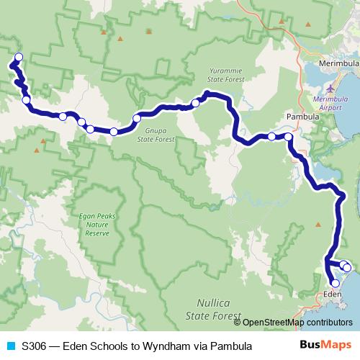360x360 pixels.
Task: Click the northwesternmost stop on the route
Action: (19, 58)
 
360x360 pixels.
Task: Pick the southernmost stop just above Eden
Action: (336, 284)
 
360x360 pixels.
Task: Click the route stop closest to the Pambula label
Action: (289, 136)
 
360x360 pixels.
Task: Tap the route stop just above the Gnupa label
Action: (137, 118)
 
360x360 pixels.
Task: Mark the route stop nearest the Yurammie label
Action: (195, 104)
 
